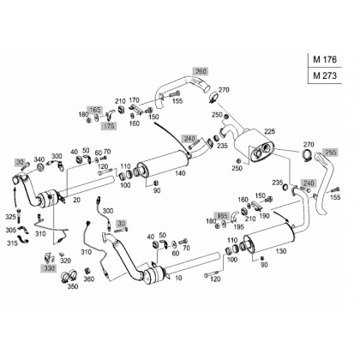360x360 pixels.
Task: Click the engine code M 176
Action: [325, 59]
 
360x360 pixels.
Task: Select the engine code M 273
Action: [325, 75]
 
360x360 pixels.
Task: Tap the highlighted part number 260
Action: [201, 71]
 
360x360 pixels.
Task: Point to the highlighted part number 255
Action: [330, 153]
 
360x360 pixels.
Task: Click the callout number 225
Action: [269, 131]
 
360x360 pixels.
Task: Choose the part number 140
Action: [180, 173]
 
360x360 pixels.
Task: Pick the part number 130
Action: [281, 251]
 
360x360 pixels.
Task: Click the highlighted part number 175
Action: [109, 126]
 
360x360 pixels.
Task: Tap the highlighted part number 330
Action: [49, 268]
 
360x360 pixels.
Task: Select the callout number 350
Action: [73, 286]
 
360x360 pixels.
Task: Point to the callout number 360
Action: [89, 279]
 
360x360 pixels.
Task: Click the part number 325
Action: [10, 217]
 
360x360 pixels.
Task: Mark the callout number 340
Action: [39, 159]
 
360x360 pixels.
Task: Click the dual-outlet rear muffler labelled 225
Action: [254, 146]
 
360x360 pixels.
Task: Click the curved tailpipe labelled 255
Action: [322, 183]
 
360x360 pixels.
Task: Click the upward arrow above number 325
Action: [15, 197]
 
